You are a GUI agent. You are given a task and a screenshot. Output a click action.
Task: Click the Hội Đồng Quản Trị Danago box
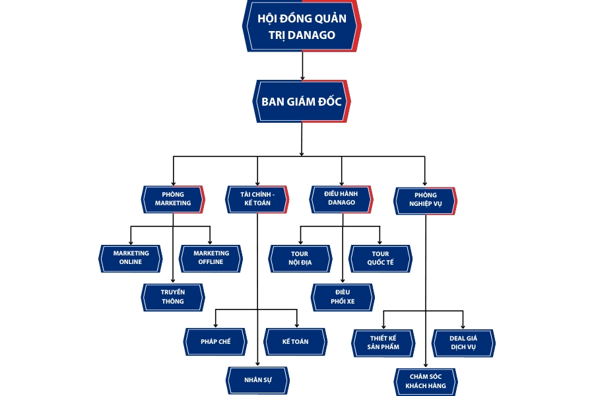click(302, 26)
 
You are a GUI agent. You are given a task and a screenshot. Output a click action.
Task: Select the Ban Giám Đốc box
click(302, 101)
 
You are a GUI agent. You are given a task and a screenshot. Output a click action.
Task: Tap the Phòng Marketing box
click(173, 199)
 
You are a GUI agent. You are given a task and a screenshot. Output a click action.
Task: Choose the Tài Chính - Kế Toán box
click(257, 199)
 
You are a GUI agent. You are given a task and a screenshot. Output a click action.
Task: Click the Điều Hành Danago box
click(341, 198)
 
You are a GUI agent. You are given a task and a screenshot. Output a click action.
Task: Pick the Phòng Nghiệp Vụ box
click(426, 200)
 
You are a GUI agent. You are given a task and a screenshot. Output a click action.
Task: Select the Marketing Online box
click(131, 257)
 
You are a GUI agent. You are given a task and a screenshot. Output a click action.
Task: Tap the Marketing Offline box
click(211, 257)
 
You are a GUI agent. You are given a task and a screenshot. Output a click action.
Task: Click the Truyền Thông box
click(173, 296)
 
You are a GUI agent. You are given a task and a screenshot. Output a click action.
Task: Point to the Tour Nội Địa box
click(300, 258)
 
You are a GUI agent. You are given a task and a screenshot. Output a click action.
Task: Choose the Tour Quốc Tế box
click(380, 258)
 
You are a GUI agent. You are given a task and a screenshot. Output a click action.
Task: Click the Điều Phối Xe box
click(343, 296)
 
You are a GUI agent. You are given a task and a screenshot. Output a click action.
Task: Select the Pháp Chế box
click(215, 341)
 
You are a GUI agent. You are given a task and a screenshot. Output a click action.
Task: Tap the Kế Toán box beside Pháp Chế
click(295, 341)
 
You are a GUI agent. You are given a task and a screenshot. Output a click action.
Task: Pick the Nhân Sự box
click(257, 379)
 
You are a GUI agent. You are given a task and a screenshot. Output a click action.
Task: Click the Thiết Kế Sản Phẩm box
click(383, 343)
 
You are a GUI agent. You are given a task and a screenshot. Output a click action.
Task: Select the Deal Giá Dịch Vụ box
click(463, 343)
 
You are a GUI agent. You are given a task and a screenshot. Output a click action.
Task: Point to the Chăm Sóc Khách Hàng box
click(426, 381)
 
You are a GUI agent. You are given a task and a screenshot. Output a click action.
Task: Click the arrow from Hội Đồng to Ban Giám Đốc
click(302, 66)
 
